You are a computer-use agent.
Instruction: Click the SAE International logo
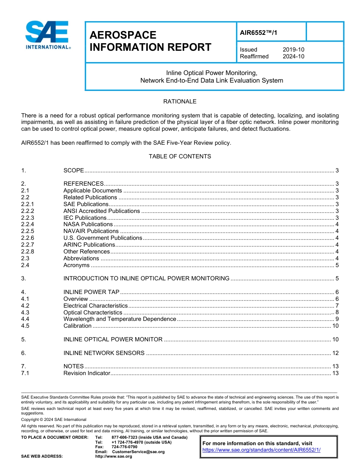pos(48,35)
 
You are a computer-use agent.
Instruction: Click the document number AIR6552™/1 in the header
pos(258,33)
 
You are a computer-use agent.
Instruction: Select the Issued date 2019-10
pos(293,50)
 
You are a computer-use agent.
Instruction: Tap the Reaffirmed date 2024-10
pos(293,56)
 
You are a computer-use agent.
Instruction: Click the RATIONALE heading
pos(180,102)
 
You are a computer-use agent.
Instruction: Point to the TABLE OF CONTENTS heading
pos(180,156)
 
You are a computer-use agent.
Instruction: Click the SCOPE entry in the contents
pos(74,170)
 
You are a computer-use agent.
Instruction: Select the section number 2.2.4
pos(28,224)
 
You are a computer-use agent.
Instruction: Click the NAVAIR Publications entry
pos(91,231)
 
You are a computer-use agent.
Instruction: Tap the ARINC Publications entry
pos(89,245)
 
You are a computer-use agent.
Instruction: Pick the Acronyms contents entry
pos(77,265)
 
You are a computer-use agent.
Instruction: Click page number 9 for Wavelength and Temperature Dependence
pos(337,319)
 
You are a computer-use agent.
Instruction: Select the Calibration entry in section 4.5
pos(77,326)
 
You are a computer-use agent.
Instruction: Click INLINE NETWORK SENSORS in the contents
pos(104,353)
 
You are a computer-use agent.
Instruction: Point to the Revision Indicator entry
pos(86,374)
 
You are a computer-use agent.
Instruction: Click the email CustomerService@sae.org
pos(138,452)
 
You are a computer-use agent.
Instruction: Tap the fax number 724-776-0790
pos(124,447)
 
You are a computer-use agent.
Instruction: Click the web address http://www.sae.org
pos(113,457)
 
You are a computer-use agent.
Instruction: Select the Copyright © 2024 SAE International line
pos(54,419)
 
